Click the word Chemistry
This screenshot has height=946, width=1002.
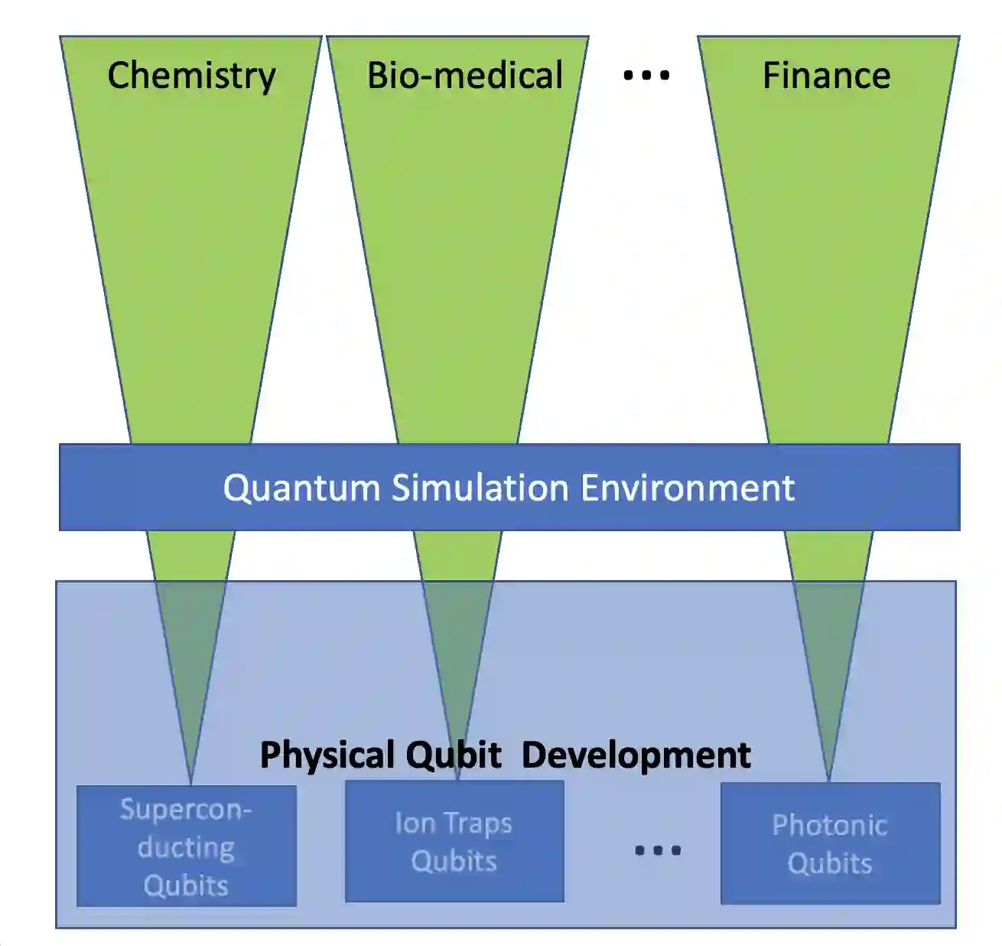coord(191,77)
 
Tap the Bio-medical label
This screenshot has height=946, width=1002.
coord(465,75)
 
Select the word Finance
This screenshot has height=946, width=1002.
coord(826,75)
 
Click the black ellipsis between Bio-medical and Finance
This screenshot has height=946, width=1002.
coord(646,75)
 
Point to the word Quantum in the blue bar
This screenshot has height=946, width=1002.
coord(301,488)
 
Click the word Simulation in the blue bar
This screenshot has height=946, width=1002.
coord(480,488)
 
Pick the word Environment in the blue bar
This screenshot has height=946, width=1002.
coord(688,488)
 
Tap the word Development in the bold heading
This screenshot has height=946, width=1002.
coord(636,755)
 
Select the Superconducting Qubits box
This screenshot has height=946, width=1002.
coord(187,846)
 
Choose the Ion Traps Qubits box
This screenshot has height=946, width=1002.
coord(454,841)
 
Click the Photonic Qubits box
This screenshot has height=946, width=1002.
coord(830,843)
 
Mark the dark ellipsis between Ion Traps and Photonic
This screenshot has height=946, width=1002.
coord(658,850)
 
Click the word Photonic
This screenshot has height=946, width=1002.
coord(830,825)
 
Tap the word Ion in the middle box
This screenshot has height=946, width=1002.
coord(415,823)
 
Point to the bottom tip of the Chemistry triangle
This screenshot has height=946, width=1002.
coord(190,782)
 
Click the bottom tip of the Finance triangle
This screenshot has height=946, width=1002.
coord(829,780)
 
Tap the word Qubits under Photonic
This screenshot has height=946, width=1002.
coord(830,863)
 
